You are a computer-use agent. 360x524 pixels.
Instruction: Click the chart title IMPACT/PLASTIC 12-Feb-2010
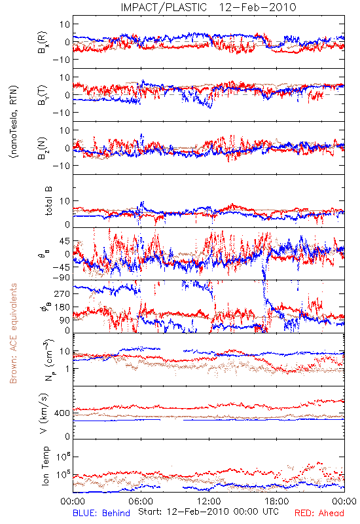click(x=208, y=7)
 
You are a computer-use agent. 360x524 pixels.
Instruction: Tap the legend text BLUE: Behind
click(x=101, y=513)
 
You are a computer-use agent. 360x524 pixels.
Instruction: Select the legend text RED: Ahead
click(x=319, y=513)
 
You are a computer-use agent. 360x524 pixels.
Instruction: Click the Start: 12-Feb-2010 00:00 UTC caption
click(x=208, y=512)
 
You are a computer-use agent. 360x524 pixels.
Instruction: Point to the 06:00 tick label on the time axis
click(x=141, y=501)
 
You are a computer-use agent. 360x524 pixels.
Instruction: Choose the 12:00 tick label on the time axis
click(x=209, y=501)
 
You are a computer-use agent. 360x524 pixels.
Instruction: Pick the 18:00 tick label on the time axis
click(x=277, y=501)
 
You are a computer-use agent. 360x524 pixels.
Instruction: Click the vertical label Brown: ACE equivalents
click(x=13, y=333)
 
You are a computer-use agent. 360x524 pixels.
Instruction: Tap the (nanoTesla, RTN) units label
click(x=14, y=122)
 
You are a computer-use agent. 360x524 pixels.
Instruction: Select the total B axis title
click(x=48, y=201)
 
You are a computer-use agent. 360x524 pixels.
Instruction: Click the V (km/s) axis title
click(x=44, y=413)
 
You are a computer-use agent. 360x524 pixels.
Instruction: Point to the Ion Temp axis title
click(x=45, y=466)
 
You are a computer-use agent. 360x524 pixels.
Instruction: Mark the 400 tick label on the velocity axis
click(x=62, y=413)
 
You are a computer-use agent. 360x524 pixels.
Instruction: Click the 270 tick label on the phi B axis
click(x=62, y=293)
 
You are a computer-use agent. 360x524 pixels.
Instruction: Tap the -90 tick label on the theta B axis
click(x=62, y=277)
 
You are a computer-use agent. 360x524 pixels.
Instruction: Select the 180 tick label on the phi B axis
click(x=62, y=307)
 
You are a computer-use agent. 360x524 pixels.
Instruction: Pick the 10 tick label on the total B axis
click(x=65, y=201)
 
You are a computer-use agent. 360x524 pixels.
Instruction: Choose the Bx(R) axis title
click(x=43, y=43)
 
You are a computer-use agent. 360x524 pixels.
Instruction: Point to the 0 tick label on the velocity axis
click(x=67, y=436)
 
